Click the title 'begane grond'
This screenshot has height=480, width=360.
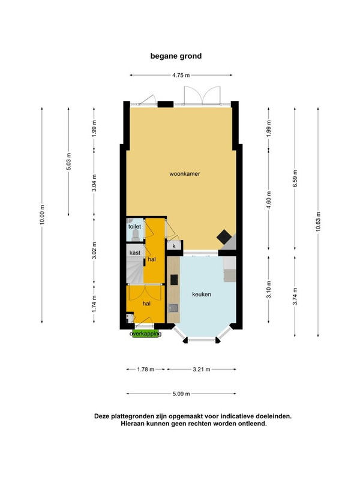[176, 56]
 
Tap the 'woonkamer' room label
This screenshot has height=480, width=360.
[185, 173]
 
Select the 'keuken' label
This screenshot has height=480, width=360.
[202, 294]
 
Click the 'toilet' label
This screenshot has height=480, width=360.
[134, 227]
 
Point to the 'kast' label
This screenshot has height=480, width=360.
[134, 253]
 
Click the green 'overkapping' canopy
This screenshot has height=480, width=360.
[145, 334]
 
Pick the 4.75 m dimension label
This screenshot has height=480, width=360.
[181, 75]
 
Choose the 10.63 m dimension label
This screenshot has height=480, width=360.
[319, 221]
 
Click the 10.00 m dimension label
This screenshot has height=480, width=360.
[42, 215]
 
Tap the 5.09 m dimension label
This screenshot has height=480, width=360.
[181, 394]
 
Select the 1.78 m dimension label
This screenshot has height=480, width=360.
[146, 369]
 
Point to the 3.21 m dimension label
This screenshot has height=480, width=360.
[202, 369]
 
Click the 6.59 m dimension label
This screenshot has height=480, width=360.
[295, 178]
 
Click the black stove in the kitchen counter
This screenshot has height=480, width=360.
[174, 279]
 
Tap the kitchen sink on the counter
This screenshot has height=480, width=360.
[173, 308]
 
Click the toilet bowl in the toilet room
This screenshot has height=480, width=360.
[136, 235]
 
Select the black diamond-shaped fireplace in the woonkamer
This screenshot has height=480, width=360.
[224, 236]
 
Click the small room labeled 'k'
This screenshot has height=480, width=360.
[174, 246]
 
